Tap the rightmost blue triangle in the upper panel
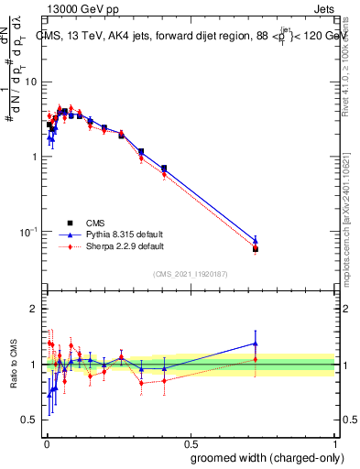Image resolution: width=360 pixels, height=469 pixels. [x=256, y=240]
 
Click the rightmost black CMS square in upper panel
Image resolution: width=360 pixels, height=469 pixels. [x=256, y=249]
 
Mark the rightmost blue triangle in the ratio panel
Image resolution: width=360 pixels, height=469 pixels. [x=256, y=344]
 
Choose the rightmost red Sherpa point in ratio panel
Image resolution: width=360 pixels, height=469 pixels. [x=256, y=359]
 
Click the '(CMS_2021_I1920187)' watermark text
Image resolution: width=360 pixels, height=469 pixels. [x=191, y=274]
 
